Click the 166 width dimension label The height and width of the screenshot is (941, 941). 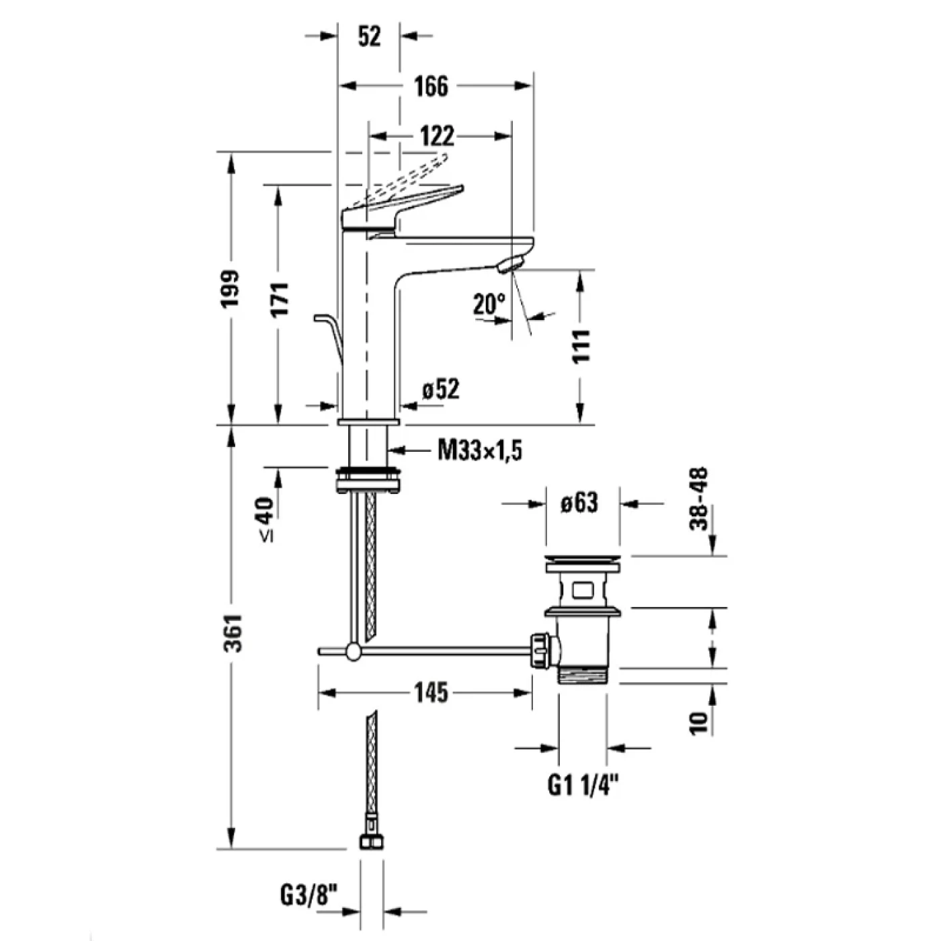coord(431,86)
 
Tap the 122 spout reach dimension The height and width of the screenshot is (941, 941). coord(437,136)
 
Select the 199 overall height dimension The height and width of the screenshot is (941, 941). coord(231,289)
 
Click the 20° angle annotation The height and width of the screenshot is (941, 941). coord(489,304)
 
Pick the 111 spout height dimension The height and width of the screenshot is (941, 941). coord(581,346)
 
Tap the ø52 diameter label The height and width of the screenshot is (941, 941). coord(441,389)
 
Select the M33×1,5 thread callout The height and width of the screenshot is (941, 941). coord(480,450)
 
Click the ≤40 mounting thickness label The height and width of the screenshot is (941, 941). coord(266,518)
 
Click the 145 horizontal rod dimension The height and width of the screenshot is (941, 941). coord(431,692)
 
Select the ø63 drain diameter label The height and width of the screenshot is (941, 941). coord(579,502)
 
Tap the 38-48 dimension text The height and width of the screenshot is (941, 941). coord(700,499)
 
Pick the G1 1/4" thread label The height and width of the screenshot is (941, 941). coord(582,784)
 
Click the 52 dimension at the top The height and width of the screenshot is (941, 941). coord(369,36)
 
